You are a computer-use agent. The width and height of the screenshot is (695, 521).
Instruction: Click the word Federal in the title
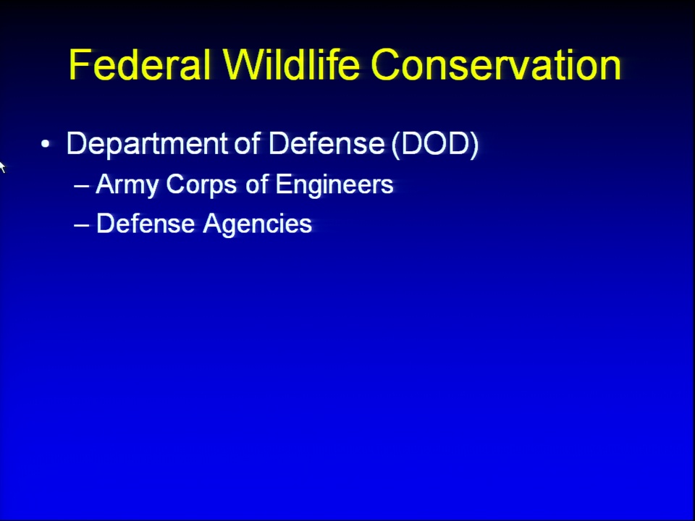[x=140, y=64]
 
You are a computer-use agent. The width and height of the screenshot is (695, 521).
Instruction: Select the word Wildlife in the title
[x=291, y=64]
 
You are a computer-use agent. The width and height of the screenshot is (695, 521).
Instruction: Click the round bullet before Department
[x=45, y=144]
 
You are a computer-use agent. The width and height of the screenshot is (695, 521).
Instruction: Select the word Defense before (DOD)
[x=327, y=143]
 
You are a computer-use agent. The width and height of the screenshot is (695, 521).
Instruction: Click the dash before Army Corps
[x=82, y=186]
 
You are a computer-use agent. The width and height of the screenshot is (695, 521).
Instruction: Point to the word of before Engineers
[x=256, y=183]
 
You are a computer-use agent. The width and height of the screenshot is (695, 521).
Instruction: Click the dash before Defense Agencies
[x=82, y=225]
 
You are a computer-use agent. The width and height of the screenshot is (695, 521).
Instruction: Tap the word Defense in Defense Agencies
[x=146, y=223]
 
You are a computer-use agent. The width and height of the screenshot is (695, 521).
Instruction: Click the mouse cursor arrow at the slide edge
[x=2, y=167]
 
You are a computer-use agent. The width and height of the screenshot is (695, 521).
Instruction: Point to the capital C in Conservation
[x=387, y=64]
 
